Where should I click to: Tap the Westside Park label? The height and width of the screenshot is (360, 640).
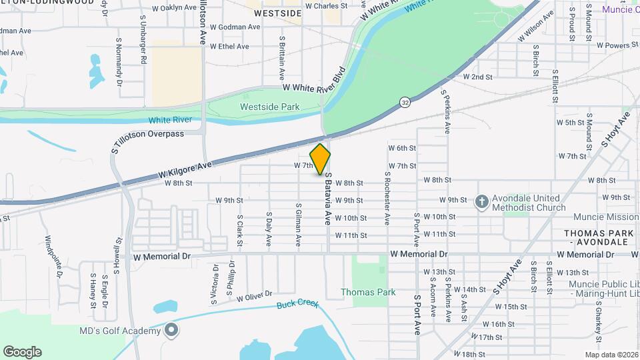click(269, 107)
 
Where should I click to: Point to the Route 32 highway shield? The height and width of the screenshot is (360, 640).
click(405, 102)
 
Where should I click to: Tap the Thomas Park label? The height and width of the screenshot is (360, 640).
click(368, 292)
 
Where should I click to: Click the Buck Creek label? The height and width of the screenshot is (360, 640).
click(297, 305)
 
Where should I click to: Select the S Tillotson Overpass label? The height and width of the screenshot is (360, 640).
click(147, 134)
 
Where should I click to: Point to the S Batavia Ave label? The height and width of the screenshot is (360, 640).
click(327, 199)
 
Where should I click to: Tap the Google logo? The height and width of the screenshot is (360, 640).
click(22, 351)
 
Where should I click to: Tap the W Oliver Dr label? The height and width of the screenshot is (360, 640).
click(255, 295)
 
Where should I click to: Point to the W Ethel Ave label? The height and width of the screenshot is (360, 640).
click(229, 47)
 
